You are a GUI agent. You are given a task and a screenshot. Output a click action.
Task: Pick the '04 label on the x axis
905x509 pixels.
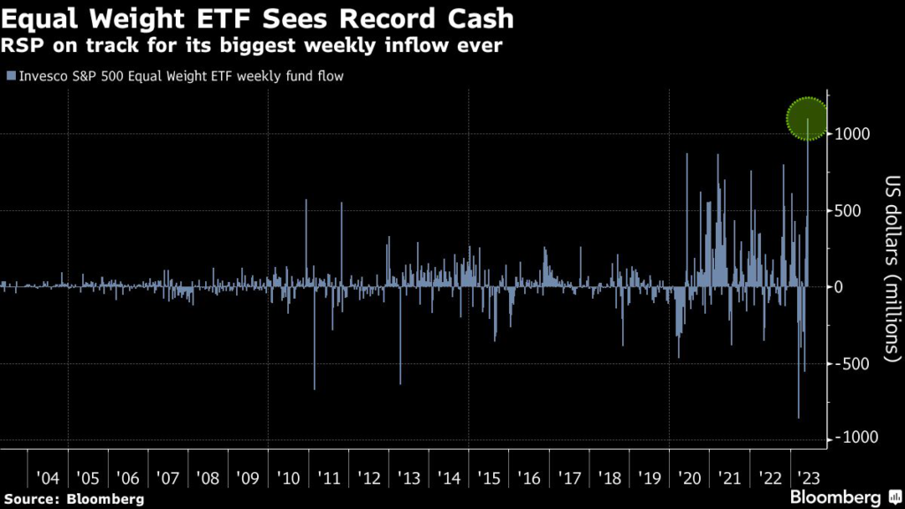47,478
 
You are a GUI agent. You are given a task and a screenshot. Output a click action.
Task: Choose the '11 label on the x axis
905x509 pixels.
328,478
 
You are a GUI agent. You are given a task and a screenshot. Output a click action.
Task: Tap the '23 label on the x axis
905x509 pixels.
806,478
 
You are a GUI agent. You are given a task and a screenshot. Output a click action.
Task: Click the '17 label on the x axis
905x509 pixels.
569,478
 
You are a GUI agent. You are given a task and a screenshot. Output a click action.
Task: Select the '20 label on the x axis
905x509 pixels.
688,478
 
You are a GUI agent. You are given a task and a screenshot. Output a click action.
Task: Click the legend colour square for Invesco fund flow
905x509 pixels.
10,76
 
